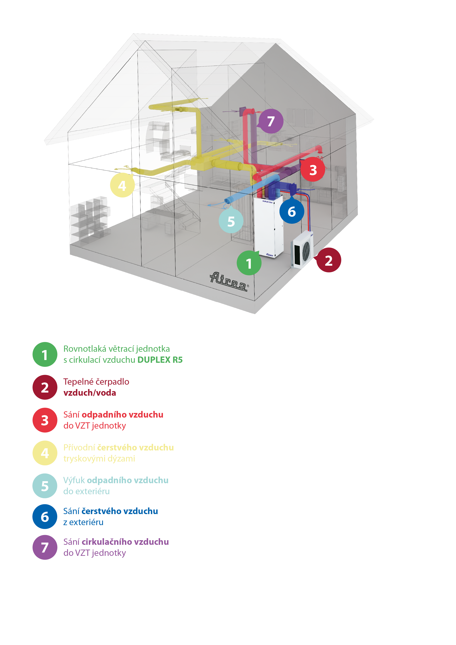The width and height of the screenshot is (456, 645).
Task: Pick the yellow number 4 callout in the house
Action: click(122, 185)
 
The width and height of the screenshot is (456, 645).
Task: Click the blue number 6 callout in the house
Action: click(292, 211)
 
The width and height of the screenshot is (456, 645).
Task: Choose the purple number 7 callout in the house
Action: click(270, 121)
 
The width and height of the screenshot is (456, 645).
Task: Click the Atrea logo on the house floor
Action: click(229, 281)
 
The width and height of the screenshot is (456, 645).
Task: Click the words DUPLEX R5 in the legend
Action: click(160, 360)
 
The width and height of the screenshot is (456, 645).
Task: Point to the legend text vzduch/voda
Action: click(90, 393)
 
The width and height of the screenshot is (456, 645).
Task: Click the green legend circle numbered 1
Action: click(45, 354)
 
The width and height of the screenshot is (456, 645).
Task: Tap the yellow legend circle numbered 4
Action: click(45, 453)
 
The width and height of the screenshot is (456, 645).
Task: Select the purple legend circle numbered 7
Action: click(45, 547)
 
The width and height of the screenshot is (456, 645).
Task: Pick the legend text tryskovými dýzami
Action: click(99, 459)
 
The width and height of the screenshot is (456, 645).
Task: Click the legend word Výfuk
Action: click(74, 481)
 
